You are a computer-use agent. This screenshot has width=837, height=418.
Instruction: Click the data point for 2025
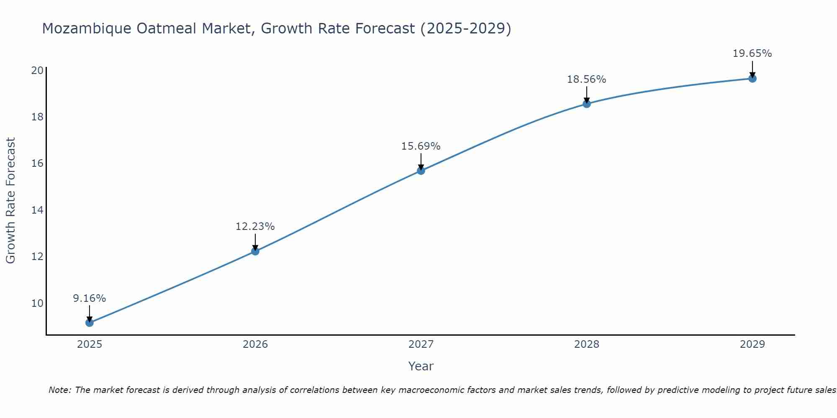(x=89, y=323)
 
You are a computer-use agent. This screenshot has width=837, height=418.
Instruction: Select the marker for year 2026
(x=255, y=251)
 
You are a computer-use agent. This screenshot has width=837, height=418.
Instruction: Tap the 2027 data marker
(x=421, y=171)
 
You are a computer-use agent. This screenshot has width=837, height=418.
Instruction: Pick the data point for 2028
(x=586, y=104)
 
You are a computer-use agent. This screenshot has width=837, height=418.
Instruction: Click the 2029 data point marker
(x=752, y=79)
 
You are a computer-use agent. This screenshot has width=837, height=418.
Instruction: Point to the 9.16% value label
(x=89, y=298)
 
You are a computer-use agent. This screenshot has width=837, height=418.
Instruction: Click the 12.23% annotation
(x=255, y=227)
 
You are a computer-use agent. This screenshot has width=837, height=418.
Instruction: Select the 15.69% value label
(x=421, y=146)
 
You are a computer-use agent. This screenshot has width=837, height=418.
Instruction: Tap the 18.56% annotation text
(x=586, y=79)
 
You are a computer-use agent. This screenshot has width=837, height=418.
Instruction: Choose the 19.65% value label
(x=752, y=54)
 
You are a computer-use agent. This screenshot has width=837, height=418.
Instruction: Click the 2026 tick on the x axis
(x=255, y=344)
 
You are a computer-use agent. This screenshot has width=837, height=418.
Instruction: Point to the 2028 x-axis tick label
(x=586, y=344)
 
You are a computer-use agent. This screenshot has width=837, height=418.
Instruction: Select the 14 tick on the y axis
(x=37, y=210)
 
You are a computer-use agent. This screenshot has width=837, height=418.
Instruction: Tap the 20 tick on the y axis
(x=37, y=70)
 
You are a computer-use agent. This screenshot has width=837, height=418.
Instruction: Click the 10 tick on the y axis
(x=37, y=303)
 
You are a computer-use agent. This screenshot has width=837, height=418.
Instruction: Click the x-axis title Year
(x=421, y=366)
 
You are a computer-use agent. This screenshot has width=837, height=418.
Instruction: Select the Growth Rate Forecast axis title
(x=10, y=201)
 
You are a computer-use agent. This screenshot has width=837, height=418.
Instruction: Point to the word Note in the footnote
(x=60, y=390)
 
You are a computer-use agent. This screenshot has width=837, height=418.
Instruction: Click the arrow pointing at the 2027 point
(x=421, y=161)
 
